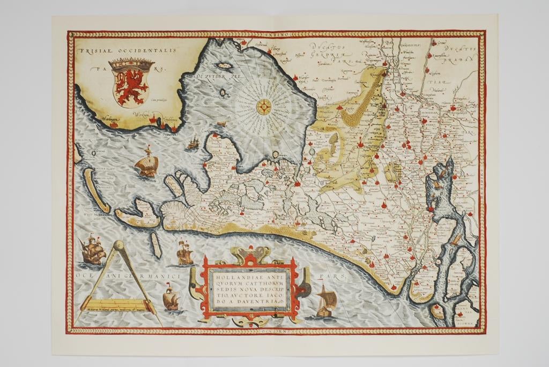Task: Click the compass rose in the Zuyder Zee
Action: (x=264, y=107)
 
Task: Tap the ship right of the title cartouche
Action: (x=327, y=301)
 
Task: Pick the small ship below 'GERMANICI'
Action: (x=170, y=298)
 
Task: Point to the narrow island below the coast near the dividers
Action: (x=154, y=242)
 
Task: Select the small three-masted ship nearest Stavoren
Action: (x=194, y=143)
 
